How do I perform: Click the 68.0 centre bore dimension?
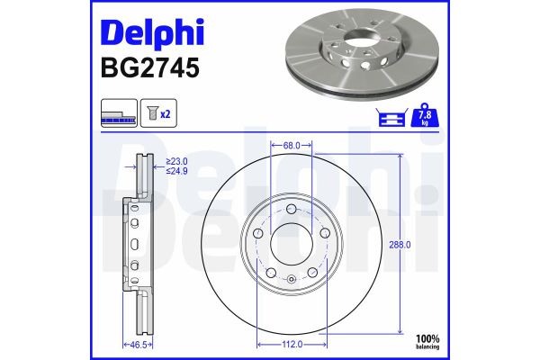(x=291, y=144)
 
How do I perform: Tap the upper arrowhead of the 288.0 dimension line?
(x=400, y=158)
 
